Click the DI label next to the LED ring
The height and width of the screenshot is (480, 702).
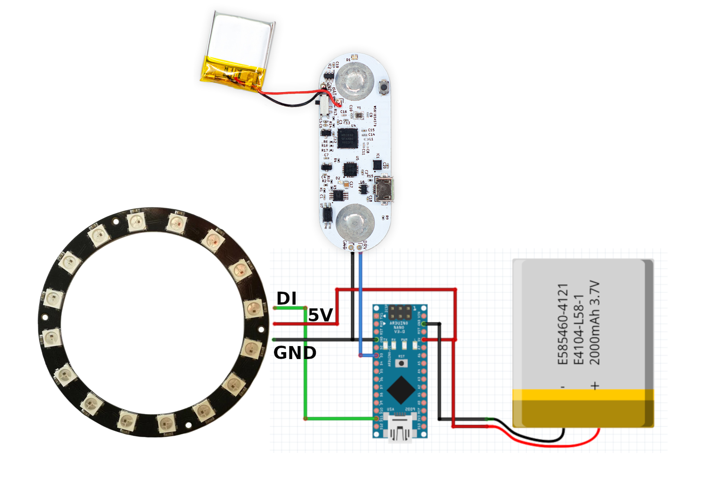pos(286,299)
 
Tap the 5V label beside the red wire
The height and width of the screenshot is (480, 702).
pos(320,315)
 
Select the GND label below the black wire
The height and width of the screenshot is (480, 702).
pos(294,353)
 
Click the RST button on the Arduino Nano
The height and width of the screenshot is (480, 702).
pos(400,362)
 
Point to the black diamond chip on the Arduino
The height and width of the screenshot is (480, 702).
pos(401,390)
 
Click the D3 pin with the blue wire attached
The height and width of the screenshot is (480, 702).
pos(377,355)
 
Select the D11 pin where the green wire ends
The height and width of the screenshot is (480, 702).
pos(377,419)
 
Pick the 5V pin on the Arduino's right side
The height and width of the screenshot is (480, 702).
pos(424,340)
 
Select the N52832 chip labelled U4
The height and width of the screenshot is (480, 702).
pos(347,138)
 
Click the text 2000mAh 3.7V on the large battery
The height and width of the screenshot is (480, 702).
pos(595,322)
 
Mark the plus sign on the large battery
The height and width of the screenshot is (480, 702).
pos(595,386)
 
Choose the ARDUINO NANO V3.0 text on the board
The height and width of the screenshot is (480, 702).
pos(399,327)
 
